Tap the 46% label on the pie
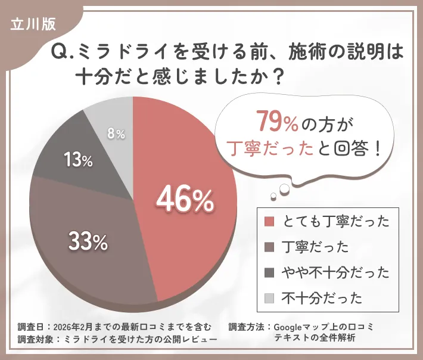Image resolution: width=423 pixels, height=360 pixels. [x=185, y=201]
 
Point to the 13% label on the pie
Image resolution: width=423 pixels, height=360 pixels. [x=78, y=160]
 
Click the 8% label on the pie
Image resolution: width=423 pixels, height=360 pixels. [x=116, y=135]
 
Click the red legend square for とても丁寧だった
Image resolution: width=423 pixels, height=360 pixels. [x=269, y=222]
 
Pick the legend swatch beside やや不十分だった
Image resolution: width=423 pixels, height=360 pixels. [x=269, y=272]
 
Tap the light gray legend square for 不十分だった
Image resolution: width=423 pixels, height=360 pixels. [x=269, y=297]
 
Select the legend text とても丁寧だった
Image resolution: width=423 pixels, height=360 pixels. [x=335, y=222]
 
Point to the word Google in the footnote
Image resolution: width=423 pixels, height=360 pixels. [x=291, y=327]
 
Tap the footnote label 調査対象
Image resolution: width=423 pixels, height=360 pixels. [x=36, y=339]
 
